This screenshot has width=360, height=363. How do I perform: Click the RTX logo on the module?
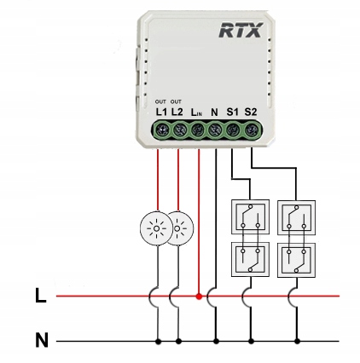pos(241,31)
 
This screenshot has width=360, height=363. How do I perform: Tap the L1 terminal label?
pos(161,112)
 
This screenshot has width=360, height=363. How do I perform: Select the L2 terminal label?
pos(177,112)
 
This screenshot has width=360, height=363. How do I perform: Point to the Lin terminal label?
pos(196,112)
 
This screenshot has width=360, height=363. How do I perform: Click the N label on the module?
pos(214,112)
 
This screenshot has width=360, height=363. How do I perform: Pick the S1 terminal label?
pos(232,112)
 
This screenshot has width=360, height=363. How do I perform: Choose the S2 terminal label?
pos(251,112)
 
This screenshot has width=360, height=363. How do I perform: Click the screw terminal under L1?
pos(161,130)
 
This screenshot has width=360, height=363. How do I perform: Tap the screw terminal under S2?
pos(253,130)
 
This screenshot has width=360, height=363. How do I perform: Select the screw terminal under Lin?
pos(198,130)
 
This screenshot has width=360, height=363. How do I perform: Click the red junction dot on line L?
pos(199,297)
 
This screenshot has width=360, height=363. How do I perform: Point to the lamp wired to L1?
pos(156,228)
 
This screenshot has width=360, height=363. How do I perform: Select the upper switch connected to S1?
pos(250,217)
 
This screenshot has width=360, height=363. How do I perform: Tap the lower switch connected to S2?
pos(296,260)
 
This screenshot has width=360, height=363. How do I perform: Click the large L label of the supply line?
pos(40,296)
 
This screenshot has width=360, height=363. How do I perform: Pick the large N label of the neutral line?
pos(42,340)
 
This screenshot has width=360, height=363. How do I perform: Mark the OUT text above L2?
pos(176,101)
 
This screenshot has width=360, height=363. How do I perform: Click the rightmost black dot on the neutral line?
pos(297,341)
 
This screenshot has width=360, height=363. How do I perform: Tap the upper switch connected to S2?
pos(296,217)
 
